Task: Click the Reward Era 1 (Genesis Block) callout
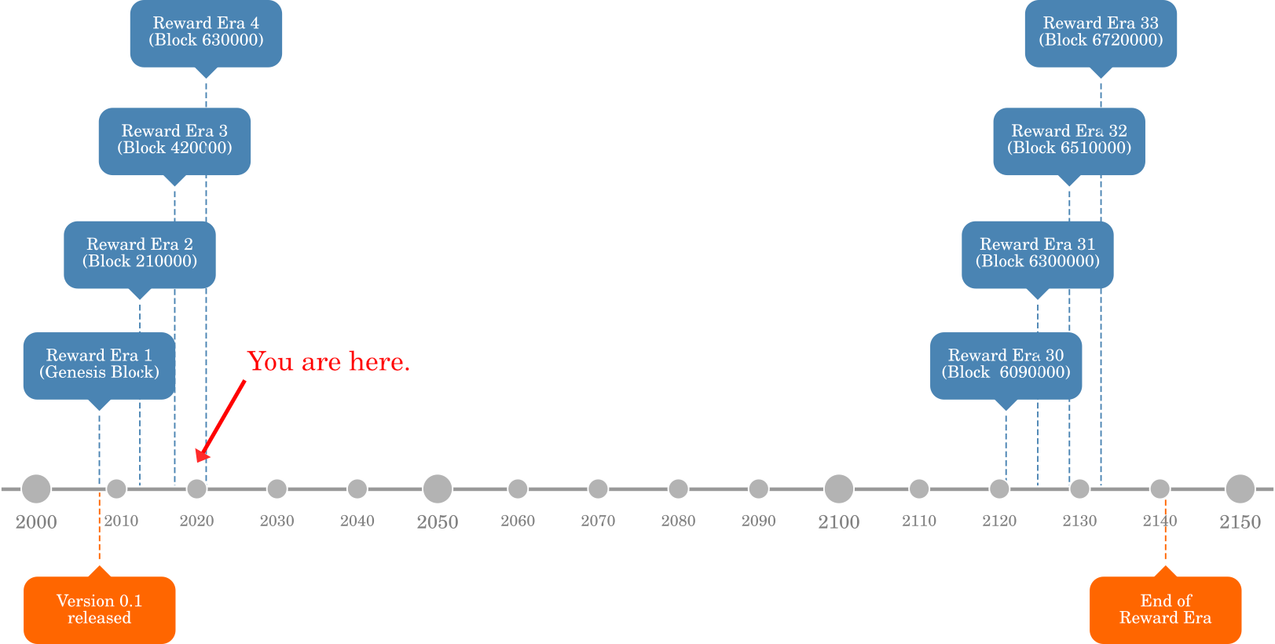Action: click(x=99, y=364)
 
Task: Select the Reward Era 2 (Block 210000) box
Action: click(x=140, y=254)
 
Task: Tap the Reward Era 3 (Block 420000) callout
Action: click(x=174, y=141)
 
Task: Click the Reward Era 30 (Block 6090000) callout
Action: click(x=1006, y=364)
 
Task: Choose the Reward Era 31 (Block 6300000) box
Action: click(x=1037, y=254)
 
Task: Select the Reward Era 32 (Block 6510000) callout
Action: click(x=1068, y=141)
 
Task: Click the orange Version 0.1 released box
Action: click(x=99, y=609)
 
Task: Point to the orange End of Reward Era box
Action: click(x=1165, y=609)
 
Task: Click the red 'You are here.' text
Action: click(x=328, y=361)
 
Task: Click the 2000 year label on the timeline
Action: click(x=36, y=521)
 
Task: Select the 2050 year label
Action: click(x=438, y=521)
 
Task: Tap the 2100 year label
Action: click(x=838, y=521)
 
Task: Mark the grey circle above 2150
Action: click(x=1240, y=488)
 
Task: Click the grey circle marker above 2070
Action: click(x=598, y=488)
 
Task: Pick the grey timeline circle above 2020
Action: click(x=196, y=488)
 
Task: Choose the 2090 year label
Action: click(x=758, y=521)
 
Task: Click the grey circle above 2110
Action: click(x=918, y=488)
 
